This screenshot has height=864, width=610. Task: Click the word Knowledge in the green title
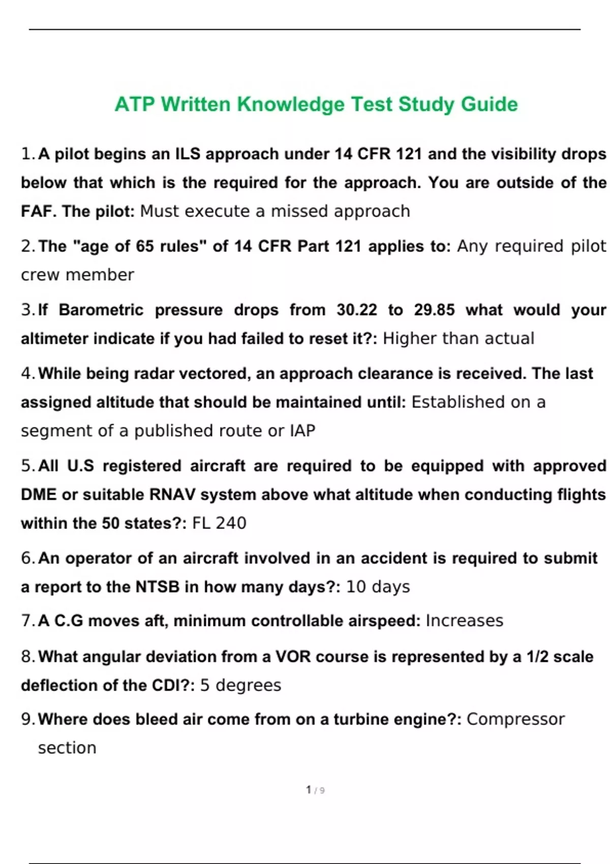290,105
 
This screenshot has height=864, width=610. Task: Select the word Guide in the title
489,105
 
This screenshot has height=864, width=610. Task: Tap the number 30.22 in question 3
357,310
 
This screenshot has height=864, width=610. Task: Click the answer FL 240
219,523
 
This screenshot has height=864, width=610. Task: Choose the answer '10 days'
378,587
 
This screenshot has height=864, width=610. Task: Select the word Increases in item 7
464,621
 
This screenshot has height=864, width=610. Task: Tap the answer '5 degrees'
240,685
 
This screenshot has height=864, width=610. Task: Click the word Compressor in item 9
515,719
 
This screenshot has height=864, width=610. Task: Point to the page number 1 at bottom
309,790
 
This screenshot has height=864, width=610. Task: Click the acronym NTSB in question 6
158,587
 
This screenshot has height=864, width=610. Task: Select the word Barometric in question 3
101,310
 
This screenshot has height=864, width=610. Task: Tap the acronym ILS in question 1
188,154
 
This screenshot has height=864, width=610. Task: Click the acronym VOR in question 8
293,657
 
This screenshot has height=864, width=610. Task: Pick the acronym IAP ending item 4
302,431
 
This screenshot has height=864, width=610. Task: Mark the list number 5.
26,466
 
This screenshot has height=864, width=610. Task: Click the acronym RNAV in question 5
172,495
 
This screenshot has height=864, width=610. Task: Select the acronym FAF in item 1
38,211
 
